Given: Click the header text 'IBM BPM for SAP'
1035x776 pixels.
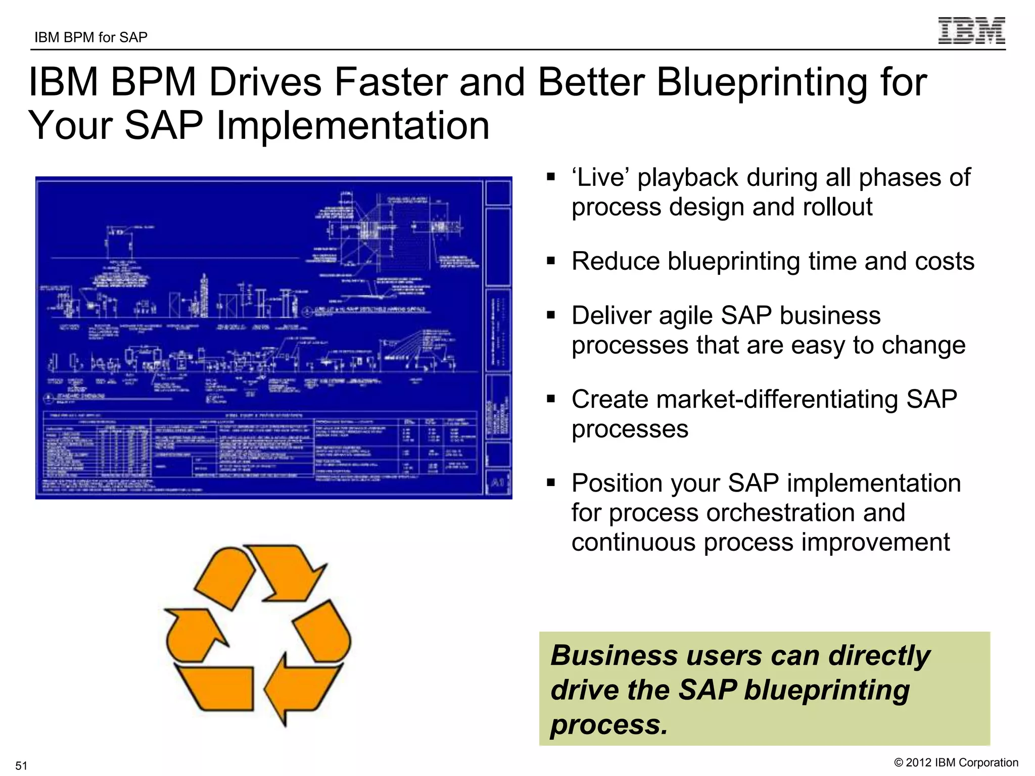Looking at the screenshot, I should (x=91, y=37).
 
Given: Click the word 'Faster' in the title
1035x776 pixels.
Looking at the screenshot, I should (x=391, y=82).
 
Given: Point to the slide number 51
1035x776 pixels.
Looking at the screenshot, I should (x=21, y=765).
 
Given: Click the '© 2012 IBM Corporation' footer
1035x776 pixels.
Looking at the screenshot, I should (x=956, y=762).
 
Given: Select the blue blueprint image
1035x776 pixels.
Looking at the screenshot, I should (x=273, y=337).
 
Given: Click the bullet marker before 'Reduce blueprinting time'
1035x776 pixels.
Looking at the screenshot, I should (x=551, y=261).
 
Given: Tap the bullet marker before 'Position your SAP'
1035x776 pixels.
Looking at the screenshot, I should (x=551, y=482).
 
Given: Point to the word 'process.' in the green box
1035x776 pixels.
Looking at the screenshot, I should (x=609, y=724).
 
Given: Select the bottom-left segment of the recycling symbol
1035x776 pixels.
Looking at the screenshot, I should (x=217, y=687).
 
